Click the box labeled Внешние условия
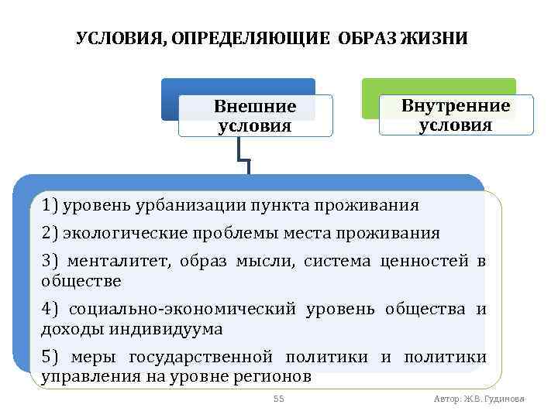click(x=255, y=116)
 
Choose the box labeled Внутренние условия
click(x=456, y=115)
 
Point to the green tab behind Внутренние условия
click(x=439, y=86)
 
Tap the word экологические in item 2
click(x=115, y=233)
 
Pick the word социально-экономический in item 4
click(x=183, y=310)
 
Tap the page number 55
click(x=279, y=399)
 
